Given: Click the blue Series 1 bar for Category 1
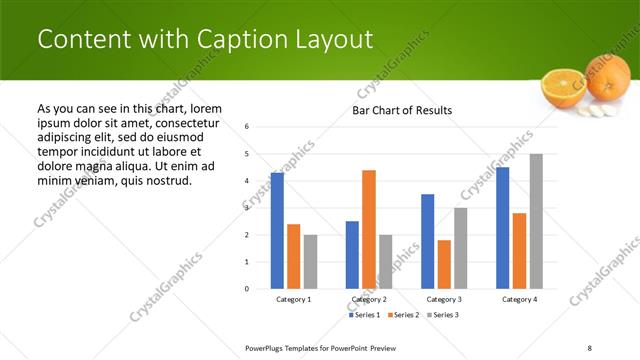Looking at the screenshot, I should coord(277,231).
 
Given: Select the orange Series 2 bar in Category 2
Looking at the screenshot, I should coord(369,229).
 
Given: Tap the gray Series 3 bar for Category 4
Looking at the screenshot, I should coord(536,221).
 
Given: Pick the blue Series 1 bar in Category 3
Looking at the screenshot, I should coord(427,241).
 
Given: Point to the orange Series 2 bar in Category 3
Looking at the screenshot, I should coord(444,264).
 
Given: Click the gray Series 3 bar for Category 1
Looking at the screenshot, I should coord(310,261).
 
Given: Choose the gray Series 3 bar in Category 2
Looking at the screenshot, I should coord(386,261).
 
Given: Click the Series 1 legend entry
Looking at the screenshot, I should coord(366,315).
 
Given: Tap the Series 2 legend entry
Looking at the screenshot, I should coord(403,315).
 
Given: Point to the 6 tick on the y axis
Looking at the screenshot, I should coord(247,127).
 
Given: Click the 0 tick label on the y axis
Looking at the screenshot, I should coord(247,289).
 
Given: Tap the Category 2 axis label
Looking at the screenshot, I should coord(369,299).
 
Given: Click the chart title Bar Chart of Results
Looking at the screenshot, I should coord(402,110).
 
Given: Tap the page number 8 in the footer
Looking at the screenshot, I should coord(589,347).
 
